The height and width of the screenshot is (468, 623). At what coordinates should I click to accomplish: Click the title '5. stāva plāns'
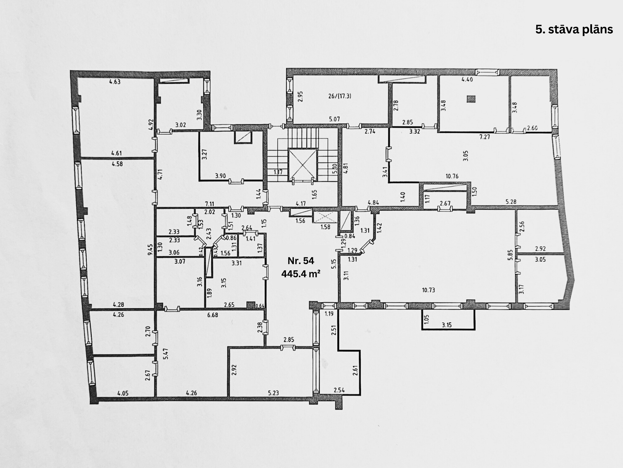(574, 30)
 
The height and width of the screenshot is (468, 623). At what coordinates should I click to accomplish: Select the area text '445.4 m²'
(301, 274)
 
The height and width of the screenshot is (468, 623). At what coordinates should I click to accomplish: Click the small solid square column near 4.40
(471, 99)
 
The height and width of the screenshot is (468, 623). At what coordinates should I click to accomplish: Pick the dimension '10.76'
(452, 176)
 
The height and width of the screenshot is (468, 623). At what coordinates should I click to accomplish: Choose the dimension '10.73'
(428, 290)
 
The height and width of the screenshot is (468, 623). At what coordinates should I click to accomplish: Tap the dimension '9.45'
(150, 250)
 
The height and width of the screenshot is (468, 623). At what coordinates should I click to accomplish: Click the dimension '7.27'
(485, 137)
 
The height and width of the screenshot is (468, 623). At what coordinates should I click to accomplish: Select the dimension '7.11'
(210, 204)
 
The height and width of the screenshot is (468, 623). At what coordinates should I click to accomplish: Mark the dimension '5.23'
(273, 393)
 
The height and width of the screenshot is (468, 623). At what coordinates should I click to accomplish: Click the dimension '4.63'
(115, 82)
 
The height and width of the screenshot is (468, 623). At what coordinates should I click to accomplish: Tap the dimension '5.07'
(334, 119)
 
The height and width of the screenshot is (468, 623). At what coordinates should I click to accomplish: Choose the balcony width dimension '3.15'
(447, 325)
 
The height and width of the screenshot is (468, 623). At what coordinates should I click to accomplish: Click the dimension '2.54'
(339, 390)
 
